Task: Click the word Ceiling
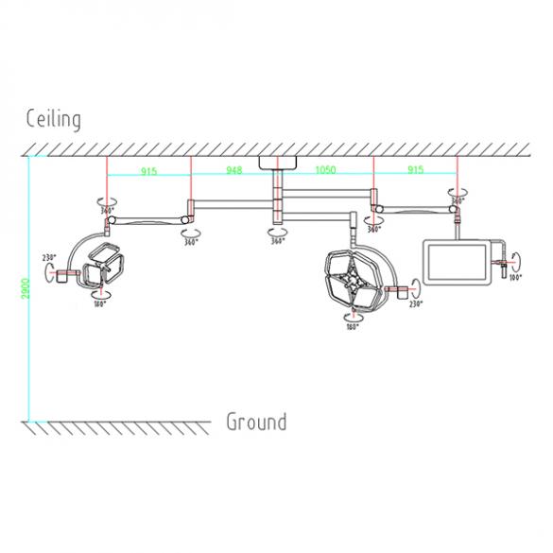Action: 53,119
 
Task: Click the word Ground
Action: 255,422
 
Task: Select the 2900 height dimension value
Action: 26,285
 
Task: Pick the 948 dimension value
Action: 233,170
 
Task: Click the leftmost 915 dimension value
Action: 148,170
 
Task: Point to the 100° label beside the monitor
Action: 514,278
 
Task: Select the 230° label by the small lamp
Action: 49,257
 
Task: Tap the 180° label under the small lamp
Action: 97,304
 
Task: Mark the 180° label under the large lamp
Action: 352,327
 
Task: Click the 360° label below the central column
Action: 277,241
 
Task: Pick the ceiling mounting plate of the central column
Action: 277,162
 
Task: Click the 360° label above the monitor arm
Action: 458,200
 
